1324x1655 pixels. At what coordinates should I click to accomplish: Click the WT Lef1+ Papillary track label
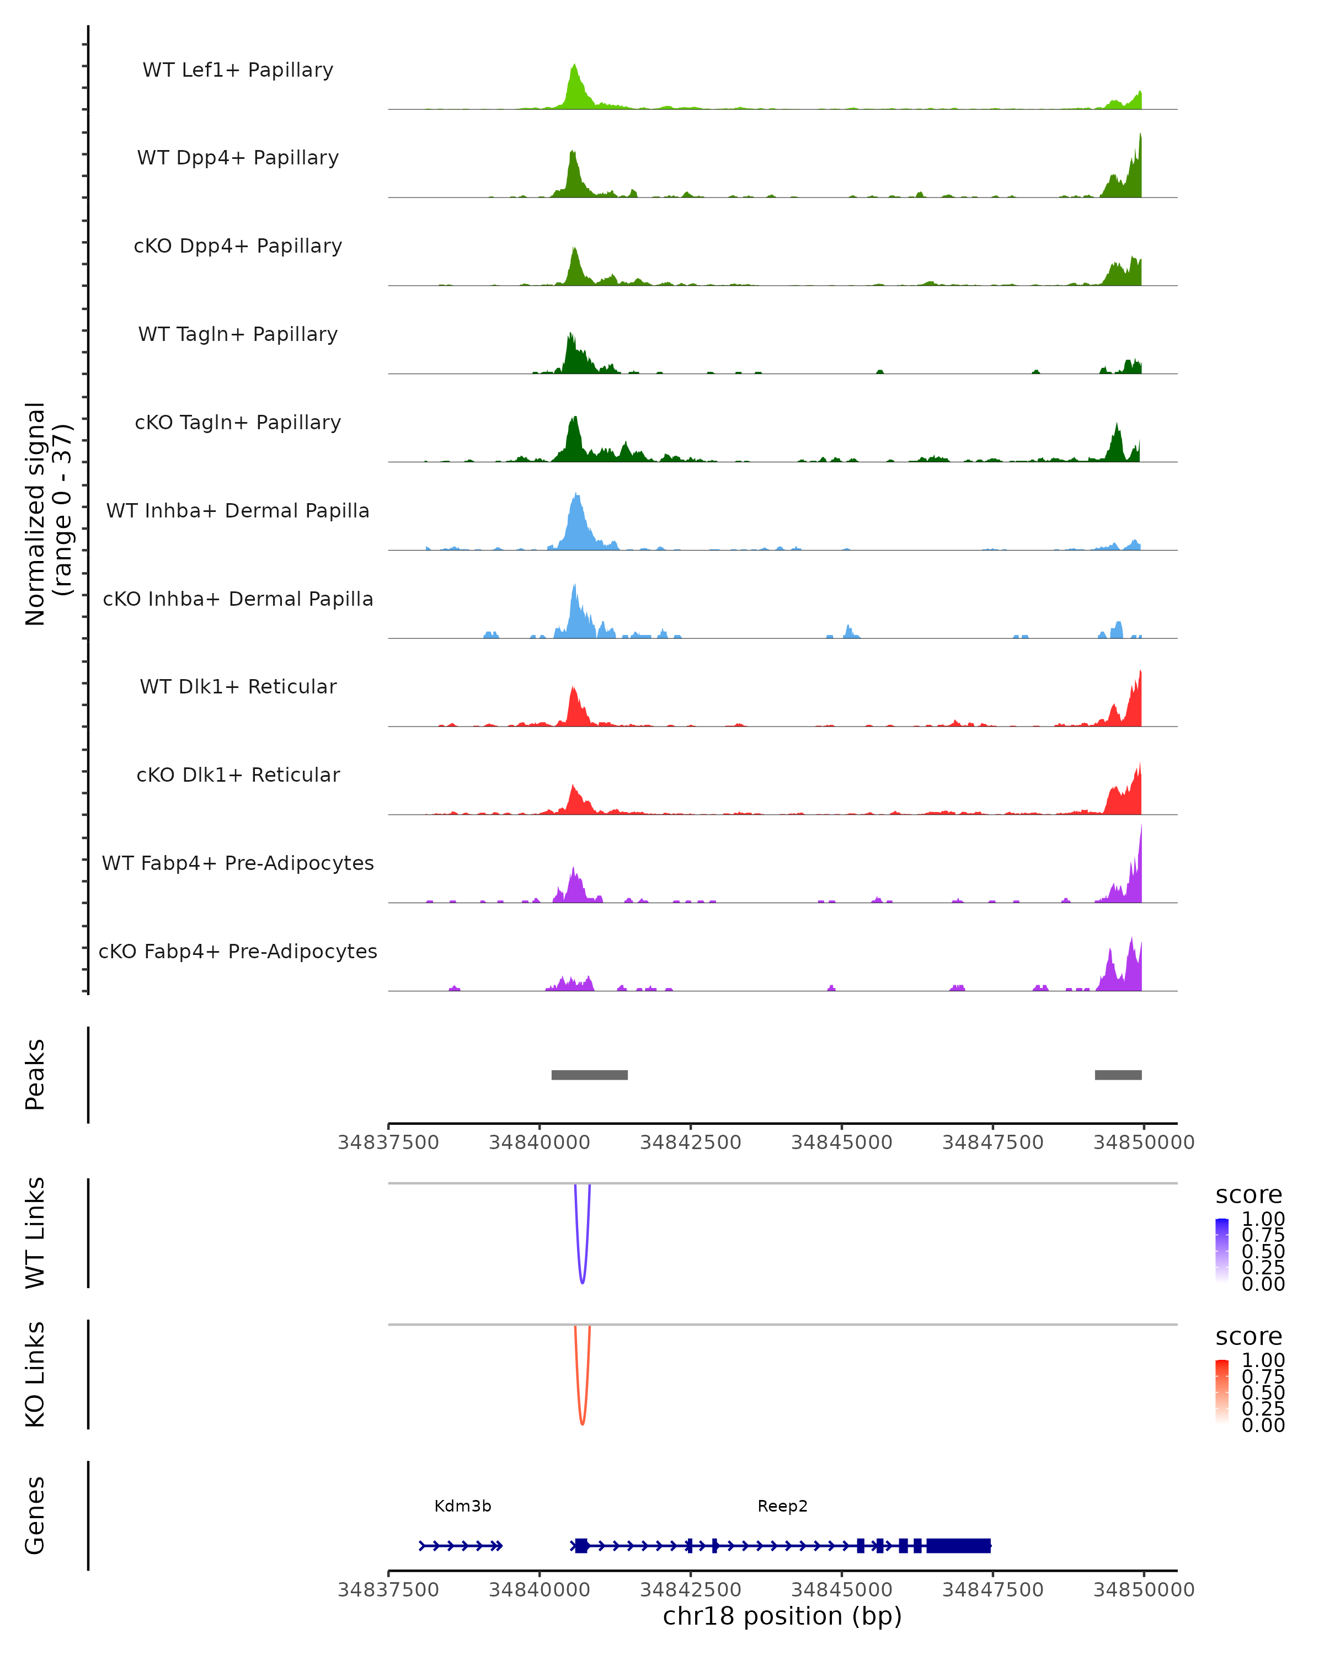(238, 70)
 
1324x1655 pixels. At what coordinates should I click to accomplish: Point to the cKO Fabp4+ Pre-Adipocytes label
(238, 951)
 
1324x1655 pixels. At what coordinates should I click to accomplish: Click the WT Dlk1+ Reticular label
(238, 686)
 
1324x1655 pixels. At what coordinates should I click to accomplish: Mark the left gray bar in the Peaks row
(590, 1075)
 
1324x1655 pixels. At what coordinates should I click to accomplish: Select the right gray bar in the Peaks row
(1118, 1075)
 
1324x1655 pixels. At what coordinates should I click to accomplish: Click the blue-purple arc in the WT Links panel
(583, 1281)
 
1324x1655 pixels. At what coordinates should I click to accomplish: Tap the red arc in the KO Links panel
(583, 1422)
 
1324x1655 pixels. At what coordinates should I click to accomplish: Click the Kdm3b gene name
(463, 1506)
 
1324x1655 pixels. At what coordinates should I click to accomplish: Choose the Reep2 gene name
(782, 1506)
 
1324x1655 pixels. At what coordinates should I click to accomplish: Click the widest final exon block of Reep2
(959, 1546)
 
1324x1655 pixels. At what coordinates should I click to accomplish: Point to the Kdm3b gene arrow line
(461, 1546)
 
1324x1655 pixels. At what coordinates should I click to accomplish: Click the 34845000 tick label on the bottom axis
(841, 1590)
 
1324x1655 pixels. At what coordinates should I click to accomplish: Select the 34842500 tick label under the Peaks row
(691, 1143)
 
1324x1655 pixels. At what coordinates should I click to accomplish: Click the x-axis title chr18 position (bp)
(782, 1616)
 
